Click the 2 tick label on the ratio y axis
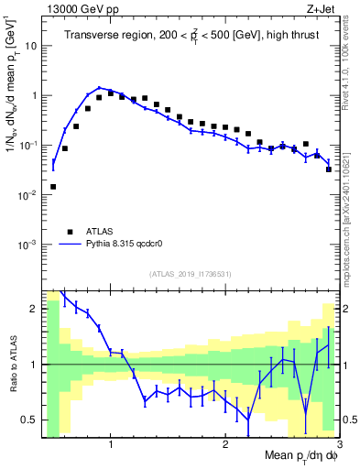[x=33, y=309]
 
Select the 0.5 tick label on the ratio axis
[x=29, y=420]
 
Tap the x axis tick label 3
[x=338, y=446]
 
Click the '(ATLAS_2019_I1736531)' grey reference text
[x=190, y=274]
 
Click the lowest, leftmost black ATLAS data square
[x=53, y=186]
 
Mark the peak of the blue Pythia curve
[x=99, y=88]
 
